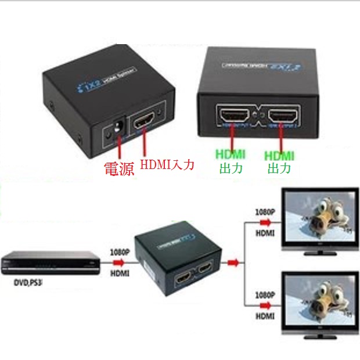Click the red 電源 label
point(118,169)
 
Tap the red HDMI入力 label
point(167,165)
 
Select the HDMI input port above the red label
point(146,124)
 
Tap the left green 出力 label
point(231,169)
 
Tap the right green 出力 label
point(279,169)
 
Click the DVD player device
point(49,264)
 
